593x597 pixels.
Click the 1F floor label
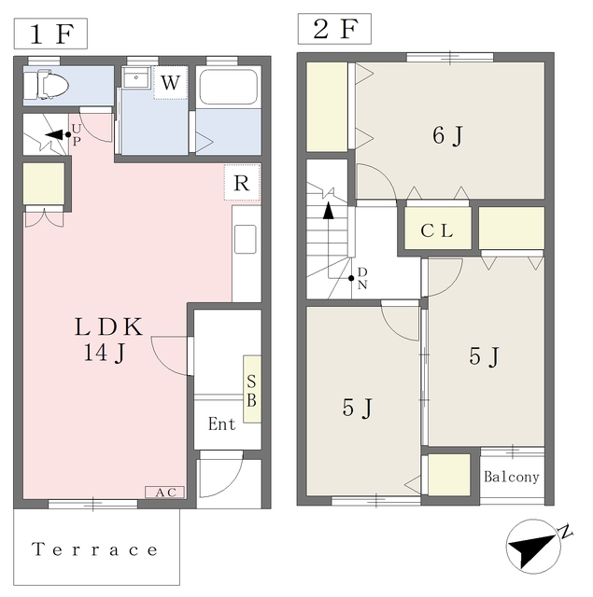pos(50,34)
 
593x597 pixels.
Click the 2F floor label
pos(334,29)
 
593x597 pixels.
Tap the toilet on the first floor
pos(46,84)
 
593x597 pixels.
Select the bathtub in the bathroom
pos(228,87)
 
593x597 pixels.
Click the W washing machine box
pos(170,83)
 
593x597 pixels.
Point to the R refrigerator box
pos(242,183)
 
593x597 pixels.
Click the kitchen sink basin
pos(245,239)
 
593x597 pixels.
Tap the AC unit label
pos(164,493)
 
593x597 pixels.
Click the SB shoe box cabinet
pos(252,389)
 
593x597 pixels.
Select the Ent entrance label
pos(222,423)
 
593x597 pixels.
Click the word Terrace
pos(94,549)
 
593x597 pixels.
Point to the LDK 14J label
pos(108,339)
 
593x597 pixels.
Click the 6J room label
pos(448,135)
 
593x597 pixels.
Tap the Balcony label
pos(512,477)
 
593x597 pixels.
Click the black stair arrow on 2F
pos(329,211)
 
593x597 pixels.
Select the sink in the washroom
pos(136,77)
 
